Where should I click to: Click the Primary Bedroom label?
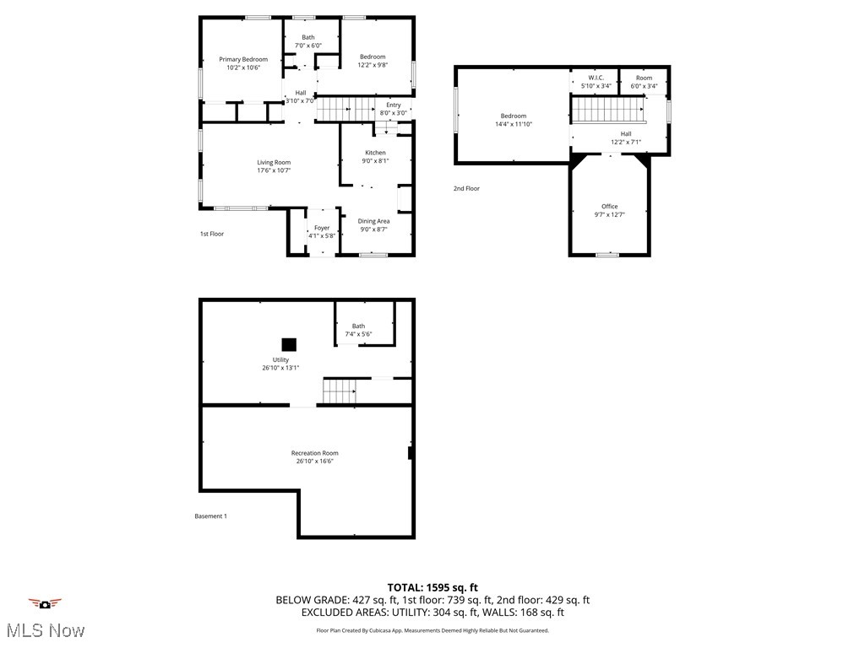[x=243, y=59]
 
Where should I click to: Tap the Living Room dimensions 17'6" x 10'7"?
[x=274, y=170]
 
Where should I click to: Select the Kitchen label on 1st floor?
[x=375, y=153]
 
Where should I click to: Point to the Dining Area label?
[x=373, y=221]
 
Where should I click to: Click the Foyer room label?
[x=322, y=228]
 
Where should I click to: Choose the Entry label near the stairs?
[x=394, y=105]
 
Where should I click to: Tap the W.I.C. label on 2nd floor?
[x=596, y=78]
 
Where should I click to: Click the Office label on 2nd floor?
[x=610, y=207]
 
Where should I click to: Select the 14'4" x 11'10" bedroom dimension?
[x=514, y=124]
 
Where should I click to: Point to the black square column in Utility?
[x=289, y=343]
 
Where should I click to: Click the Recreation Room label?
[x=315, y=453]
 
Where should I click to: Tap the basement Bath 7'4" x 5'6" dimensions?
[x=358, y=334]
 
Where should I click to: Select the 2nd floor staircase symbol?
[x=608, y=110]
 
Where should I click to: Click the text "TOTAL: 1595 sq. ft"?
[x=432, y=587]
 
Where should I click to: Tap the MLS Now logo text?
[x=45, y=630]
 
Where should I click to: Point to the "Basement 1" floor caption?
[x=210, y=516]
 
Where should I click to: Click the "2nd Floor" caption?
[x=466, y=188]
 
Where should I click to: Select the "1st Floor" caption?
[x=212, y=234]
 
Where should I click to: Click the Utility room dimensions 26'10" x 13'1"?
[x=280, y=367]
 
